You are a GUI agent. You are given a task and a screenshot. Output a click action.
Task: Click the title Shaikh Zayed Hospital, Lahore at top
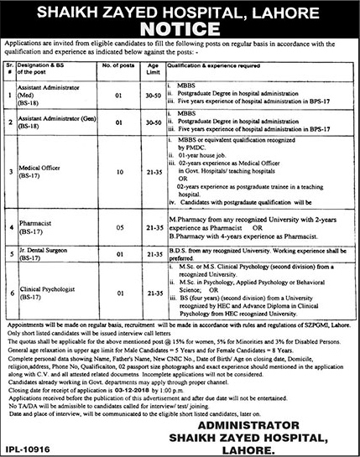(180, 8)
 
